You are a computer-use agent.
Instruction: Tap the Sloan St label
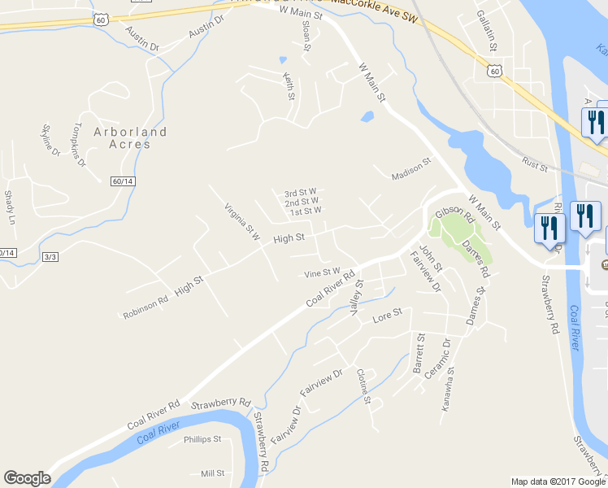click(x=306, y=37)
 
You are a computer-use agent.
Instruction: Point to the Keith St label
click(x=288, y=86)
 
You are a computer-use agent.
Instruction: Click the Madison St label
click(x=410, y=170)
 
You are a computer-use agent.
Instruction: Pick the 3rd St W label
click(x=300, y=193)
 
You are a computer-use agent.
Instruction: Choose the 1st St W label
click(x=306, y=211)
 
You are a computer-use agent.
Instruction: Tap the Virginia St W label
click(x=241, y=222)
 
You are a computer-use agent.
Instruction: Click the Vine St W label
click(x=321, y=272)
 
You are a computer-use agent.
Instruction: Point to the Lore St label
click(x=388, y=313)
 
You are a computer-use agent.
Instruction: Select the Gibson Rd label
click(x=454, y=216)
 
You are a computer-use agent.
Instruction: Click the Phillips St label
click(x=202, y=439)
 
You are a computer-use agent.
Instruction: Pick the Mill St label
click(x=212, y=473)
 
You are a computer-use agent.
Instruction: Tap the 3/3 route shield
click(x=50, y=256)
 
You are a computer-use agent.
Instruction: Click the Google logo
click(x=27, y=478)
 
